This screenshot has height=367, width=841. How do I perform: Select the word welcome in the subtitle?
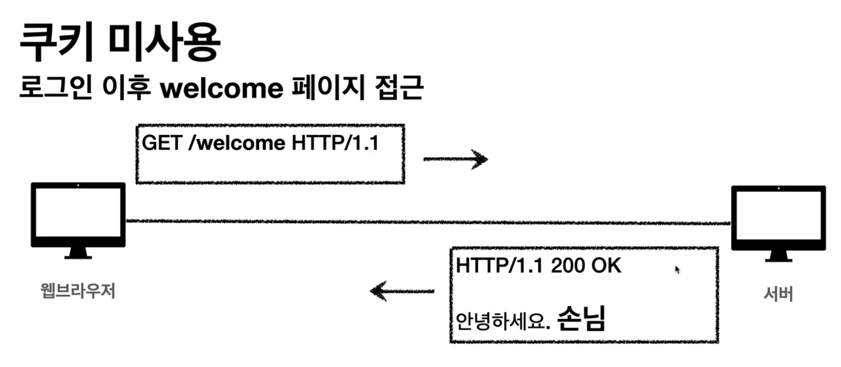[x=222, y=88]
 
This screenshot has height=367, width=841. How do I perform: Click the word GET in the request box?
[x=162, y=143]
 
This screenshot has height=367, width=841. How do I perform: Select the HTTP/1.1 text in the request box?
[x=335, y=143]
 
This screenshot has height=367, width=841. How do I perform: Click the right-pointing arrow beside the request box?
[x=455, y=159]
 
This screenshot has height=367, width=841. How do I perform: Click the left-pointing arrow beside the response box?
[x=402, y=290]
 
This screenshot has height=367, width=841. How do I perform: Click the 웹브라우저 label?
[x=78, y=291]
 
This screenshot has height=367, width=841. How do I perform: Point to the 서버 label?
[x=778, y=294]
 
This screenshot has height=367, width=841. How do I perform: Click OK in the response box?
[x=607, y=266]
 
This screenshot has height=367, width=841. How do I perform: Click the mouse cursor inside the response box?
[x=677, y=269]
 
